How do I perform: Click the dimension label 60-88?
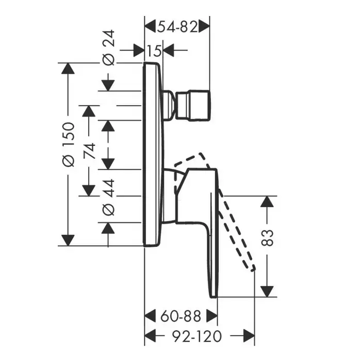180,316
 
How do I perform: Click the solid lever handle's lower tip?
213,293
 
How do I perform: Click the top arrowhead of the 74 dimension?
89,112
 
